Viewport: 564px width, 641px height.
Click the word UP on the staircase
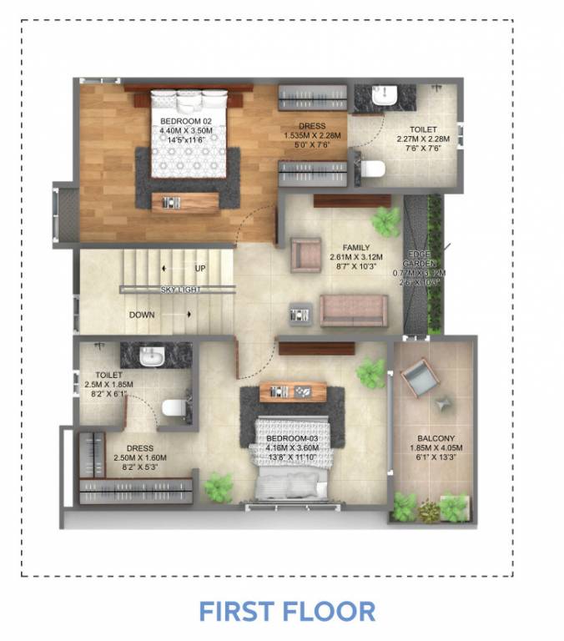pyautogui.click(x=200, y=268)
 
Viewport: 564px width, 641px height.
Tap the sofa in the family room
pyautogui.click(x=354, y=310)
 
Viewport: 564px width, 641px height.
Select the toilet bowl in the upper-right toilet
pyautogui.click(x=372, y=169)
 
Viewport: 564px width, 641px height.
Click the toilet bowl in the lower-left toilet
pyautogui.click(x=174, y=408)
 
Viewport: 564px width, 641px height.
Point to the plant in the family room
pyautogui.click(x=386, y=220)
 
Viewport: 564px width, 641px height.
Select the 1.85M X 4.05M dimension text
pyautogui.click(x=436, y=448)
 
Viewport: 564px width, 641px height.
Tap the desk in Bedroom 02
pyautogui.click(x=184, y=201)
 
